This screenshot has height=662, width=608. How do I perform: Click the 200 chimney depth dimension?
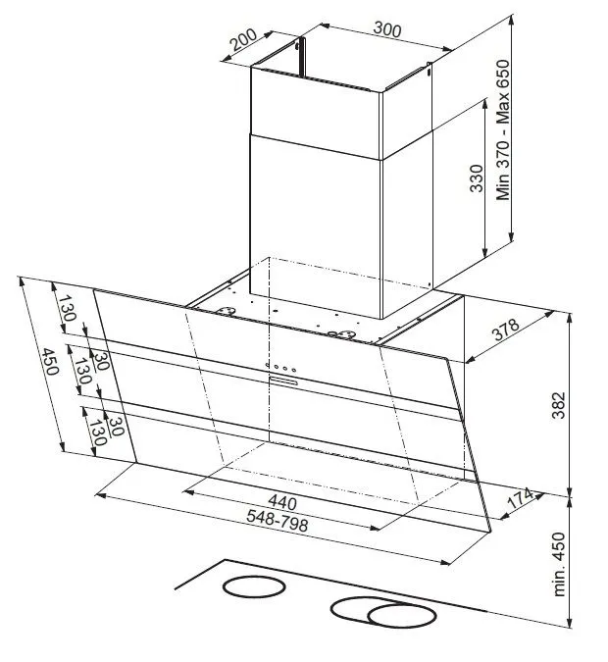tap(243, 39)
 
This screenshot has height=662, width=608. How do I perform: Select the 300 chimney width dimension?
tap(387, 29)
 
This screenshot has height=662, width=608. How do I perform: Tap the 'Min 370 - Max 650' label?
tap(503, 130)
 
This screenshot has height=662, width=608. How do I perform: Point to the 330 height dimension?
tap(477, 178)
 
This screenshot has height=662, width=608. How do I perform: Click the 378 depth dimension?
tap(505, 330)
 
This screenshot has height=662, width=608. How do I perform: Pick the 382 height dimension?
tap(559, 405)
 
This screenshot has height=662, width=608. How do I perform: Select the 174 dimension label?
tap(520, 498)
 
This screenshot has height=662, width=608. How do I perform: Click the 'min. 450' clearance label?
tap(558, 565)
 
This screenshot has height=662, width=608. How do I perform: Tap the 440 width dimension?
tap(282, 501)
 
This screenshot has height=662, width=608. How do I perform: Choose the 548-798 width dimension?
tap(278, 520)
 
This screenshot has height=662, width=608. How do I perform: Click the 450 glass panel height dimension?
tap(50, 361)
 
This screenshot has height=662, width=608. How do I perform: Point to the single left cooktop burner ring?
tap(254, 586)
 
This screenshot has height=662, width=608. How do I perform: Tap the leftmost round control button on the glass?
tap(268, 365)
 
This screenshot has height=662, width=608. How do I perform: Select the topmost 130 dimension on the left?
tap(67, 308)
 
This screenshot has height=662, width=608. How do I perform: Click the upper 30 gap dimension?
tap(101, 361)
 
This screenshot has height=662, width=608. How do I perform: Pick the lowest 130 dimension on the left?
tap(97, 433)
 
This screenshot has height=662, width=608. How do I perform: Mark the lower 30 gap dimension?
tap(116, 426)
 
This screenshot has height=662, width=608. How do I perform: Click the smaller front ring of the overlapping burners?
tap(401, 616)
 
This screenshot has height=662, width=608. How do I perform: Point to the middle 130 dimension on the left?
tap(82, 371)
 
